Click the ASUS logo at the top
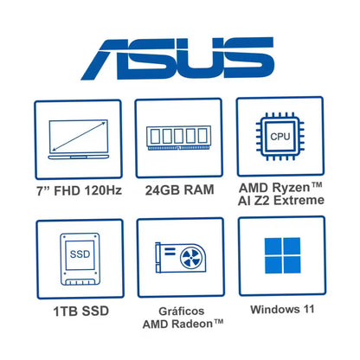[x=177, y=58]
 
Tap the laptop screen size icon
[x=79, y=139]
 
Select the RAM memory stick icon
[x=178, y=138]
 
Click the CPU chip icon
[x=280, y=136]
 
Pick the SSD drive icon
[x=80, y=259]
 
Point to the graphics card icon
[x=181, y=258]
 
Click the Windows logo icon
[x=283, y=255]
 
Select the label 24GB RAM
[x=179, y=190]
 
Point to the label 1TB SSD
[x=81, y=312]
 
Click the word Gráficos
[x=182, y=311]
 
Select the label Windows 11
[x=282, y=309]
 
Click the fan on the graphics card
[x=190, y=258]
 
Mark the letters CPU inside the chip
[x=280, y=136]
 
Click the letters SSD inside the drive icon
[x=80, y=254]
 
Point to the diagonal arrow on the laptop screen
[x=79, y=137]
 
